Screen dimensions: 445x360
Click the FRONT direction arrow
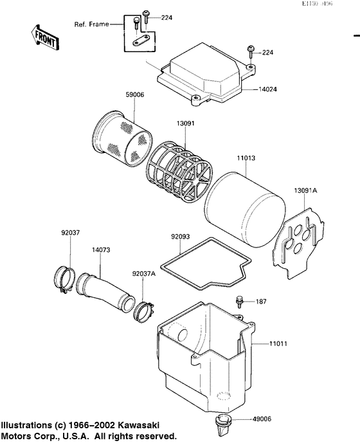click(x=44, y=38)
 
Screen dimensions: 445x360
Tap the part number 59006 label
click(x=135, y=95)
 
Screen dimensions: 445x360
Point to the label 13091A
click(x=305, y=190)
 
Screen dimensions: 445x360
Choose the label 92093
click(x=181, y=237)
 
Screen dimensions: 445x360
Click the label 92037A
click(x=144, y=273)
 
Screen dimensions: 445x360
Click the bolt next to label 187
click(x=240, y=300)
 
